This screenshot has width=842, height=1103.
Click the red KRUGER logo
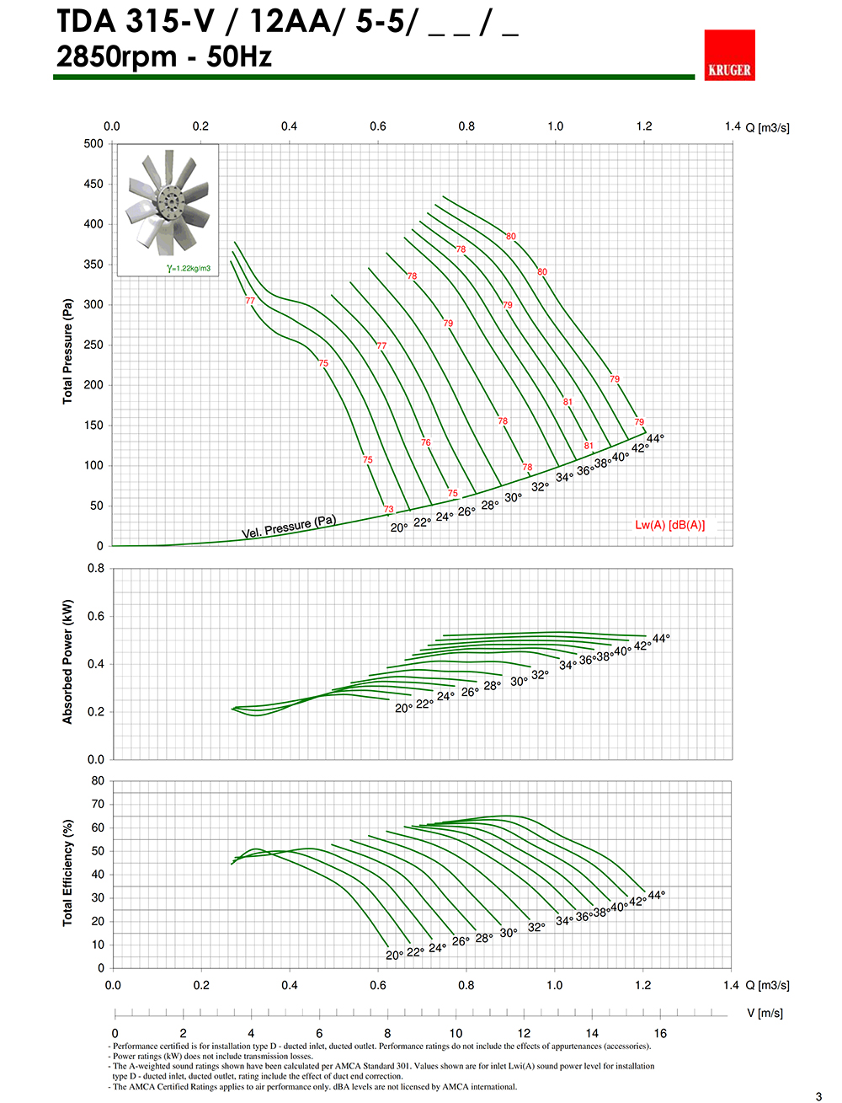729,56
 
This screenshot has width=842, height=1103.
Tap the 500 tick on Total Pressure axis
93,144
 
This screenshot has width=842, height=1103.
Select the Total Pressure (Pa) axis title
67,351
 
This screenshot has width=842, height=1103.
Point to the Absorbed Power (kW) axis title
67,661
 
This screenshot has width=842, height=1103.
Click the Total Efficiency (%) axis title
67,872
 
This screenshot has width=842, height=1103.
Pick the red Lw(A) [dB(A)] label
669,525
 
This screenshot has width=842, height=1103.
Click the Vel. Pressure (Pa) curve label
289,527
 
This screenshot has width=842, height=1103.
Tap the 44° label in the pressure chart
655,438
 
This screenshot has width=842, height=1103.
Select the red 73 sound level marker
388,509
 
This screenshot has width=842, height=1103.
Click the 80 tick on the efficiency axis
99,781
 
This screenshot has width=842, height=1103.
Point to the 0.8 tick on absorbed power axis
96,569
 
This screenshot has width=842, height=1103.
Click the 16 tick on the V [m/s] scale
660,1033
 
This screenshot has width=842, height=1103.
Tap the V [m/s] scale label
765,1013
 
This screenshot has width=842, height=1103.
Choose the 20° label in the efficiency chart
394,956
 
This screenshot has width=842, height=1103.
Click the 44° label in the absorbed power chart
661,639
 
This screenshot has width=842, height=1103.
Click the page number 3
818,1096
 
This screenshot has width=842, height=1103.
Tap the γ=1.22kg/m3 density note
189,269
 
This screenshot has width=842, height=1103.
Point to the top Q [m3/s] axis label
767,127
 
